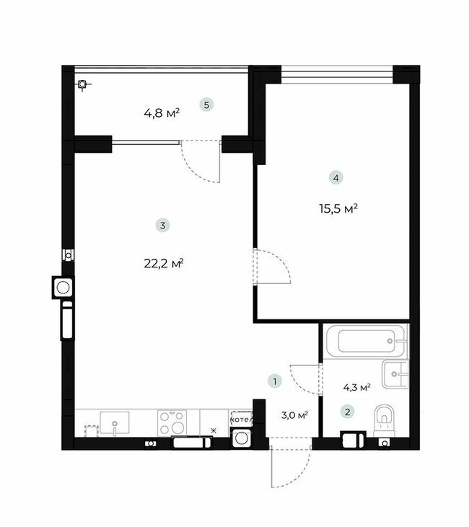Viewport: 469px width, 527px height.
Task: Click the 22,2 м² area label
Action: coord(163,263)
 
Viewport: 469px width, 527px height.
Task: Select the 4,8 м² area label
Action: coord(162,112)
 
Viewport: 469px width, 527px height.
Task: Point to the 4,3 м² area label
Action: coord(356,387)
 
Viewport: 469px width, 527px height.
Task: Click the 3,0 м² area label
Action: coord(294,415)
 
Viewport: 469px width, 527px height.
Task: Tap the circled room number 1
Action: coord(274,381)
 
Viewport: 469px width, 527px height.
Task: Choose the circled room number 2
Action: coord(348,412)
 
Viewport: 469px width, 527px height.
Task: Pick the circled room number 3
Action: coord(163,226)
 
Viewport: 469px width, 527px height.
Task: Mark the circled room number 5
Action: coord(207,106)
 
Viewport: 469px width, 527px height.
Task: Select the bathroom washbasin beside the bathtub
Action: coord(396,373)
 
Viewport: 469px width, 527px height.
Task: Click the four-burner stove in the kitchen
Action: coord(172,422)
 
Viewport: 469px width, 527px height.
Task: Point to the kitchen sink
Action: coord(114,421)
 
